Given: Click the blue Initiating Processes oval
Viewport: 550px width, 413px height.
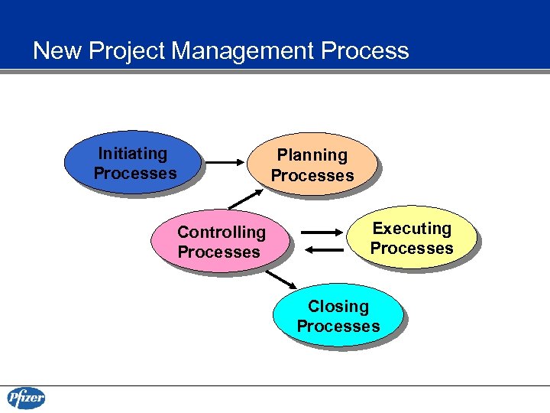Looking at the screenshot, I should tap(134, 163).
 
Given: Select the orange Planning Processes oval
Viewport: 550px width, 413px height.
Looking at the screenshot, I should tap(312, 165).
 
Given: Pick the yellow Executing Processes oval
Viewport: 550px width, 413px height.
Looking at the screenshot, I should tap(411, 238).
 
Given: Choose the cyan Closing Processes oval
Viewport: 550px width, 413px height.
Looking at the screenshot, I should tap(338, 316).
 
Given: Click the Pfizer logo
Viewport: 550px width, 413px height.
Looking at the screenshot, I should tap(27, 398).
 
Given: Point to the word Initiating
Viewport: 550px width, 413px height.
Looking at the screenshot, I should tap(133, 154).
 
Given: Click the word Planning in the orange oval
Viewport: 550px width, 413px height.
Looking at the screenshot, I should tap(312, 155).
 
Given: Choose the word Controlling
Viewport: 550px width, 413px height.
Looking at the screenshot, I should tap(222, 233).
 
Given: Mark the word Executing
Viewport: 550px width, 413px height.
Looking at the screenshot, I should tap(412, 229).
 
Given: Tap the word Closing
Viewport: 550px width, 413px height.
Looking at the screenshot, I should tap(338, 307).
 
